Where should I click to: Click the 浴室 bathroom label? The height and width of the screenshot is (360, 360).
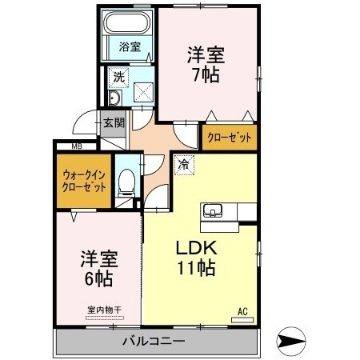tap(130, 46)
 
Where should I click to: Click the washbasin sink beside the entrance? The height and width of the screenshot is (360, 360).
tap(114, 99)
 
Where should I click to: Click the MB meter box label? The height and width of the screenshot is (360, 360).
tap(77, 146)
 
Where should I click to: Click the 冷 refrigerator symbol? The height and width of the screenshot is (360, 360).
tap(183, 166)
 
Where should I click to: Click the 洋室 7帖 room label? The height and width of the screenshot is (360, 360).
tap(206, 65)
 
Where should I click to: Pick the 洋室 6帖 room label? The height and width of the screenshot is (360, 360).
tap(98, 269)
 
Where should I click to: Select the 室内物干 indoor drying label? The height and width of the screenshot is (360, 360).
tap(99, 310)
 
